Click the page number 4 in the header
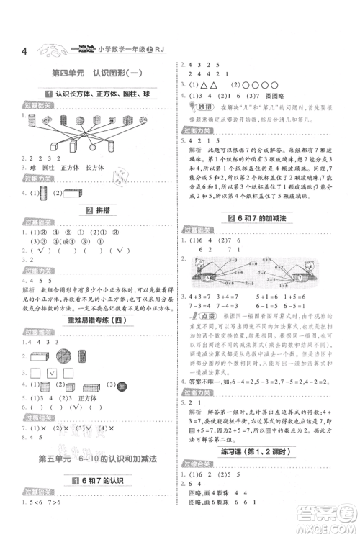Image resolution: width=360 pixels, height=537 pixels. [x=25, y=52]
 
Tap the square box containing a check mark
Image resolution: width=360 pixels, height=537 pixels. [x=52, y=373]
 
